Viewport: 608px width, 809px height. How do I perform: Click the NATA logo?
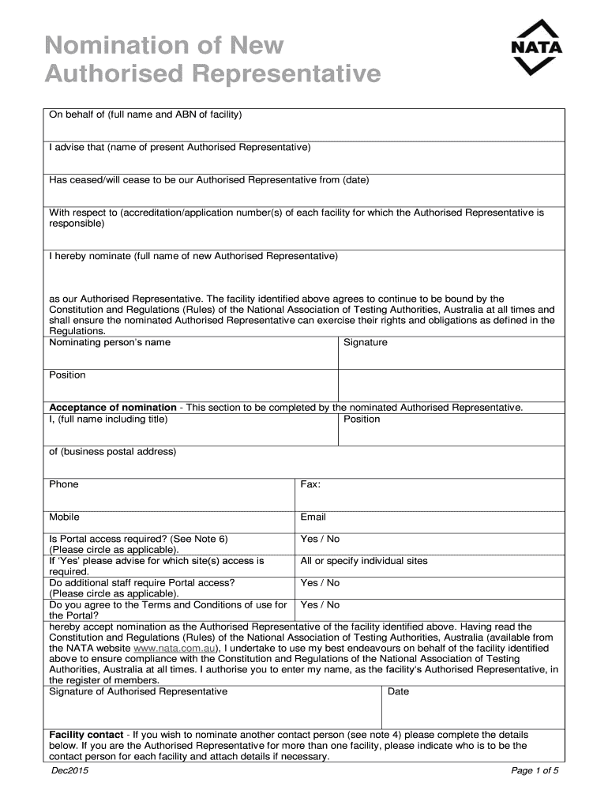coord(537,47)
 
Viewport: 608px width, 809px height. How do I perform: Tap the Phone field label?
coord(64,484)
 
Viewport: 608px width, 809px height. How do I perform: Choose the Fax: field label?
coord(310,484)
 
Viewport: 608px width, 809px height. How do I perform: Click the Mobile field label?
coord(65,517)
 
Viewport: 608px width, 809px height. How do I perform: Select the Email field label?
coord(313,517)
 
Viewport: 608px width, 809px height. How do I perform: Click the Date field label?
coord(399,691)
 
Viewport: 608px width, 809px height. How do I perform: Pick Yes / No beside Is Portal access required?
coord(320,539)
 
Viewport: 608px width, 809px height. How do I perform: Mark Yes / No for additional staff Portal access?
coord(320,583)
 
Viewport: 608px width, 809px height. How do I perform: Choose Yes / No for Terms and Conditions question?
coord(320,605)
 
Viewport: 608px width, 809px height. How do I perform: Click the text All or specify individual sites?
coord(364,561)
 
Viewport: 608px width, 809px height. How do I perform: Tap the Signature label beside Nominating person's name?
coord(366,343)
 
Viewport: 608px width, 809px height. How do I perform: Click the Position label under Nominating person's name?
coord(67,375)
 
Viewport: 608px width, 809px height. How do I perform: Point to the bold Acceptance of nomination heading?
coord(113,408)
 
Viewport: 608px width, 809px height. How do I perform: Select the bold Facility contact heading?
coord(88,735)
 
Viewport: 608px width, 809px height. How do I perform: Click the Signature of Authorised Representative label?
coord(138,691)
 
